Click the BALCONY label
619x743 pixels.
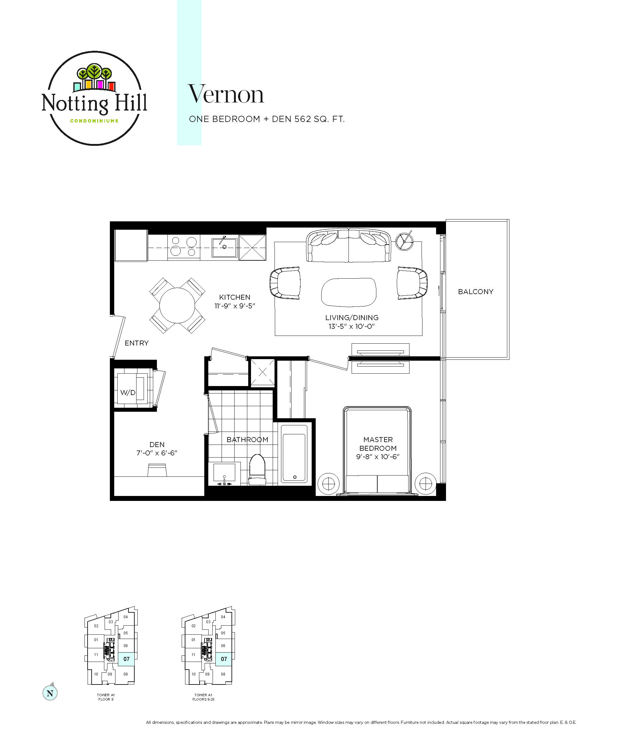tap(475, 292)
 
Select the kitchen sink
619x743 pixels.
tap(224, 247)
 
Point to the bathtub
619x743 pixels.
tap(294, 454)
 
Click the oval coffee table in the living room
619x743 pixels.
tap(348, 292)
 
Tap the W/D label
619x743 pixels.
tap(128, 392)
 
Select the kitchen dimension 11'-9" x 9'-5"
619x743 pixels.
tap(235, 306)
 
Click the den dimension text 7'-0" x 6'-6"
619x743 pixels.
tap(157, 453)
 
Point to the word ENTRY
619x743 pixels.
tap(136, 343)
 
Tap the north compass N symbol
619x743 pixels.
tap(50, 693)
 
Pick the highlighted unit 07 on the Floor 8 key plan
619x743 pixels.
tap(126, 659)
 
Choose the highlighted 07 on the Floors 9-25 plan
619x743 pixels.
tap(223, 659)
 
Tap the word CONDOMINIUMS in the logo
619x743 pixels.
tap(94, 121)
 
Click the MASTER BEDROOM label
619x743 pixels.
tap(378, 444)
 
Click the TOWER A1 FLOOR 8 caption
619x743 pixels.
tap(106, 697)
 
